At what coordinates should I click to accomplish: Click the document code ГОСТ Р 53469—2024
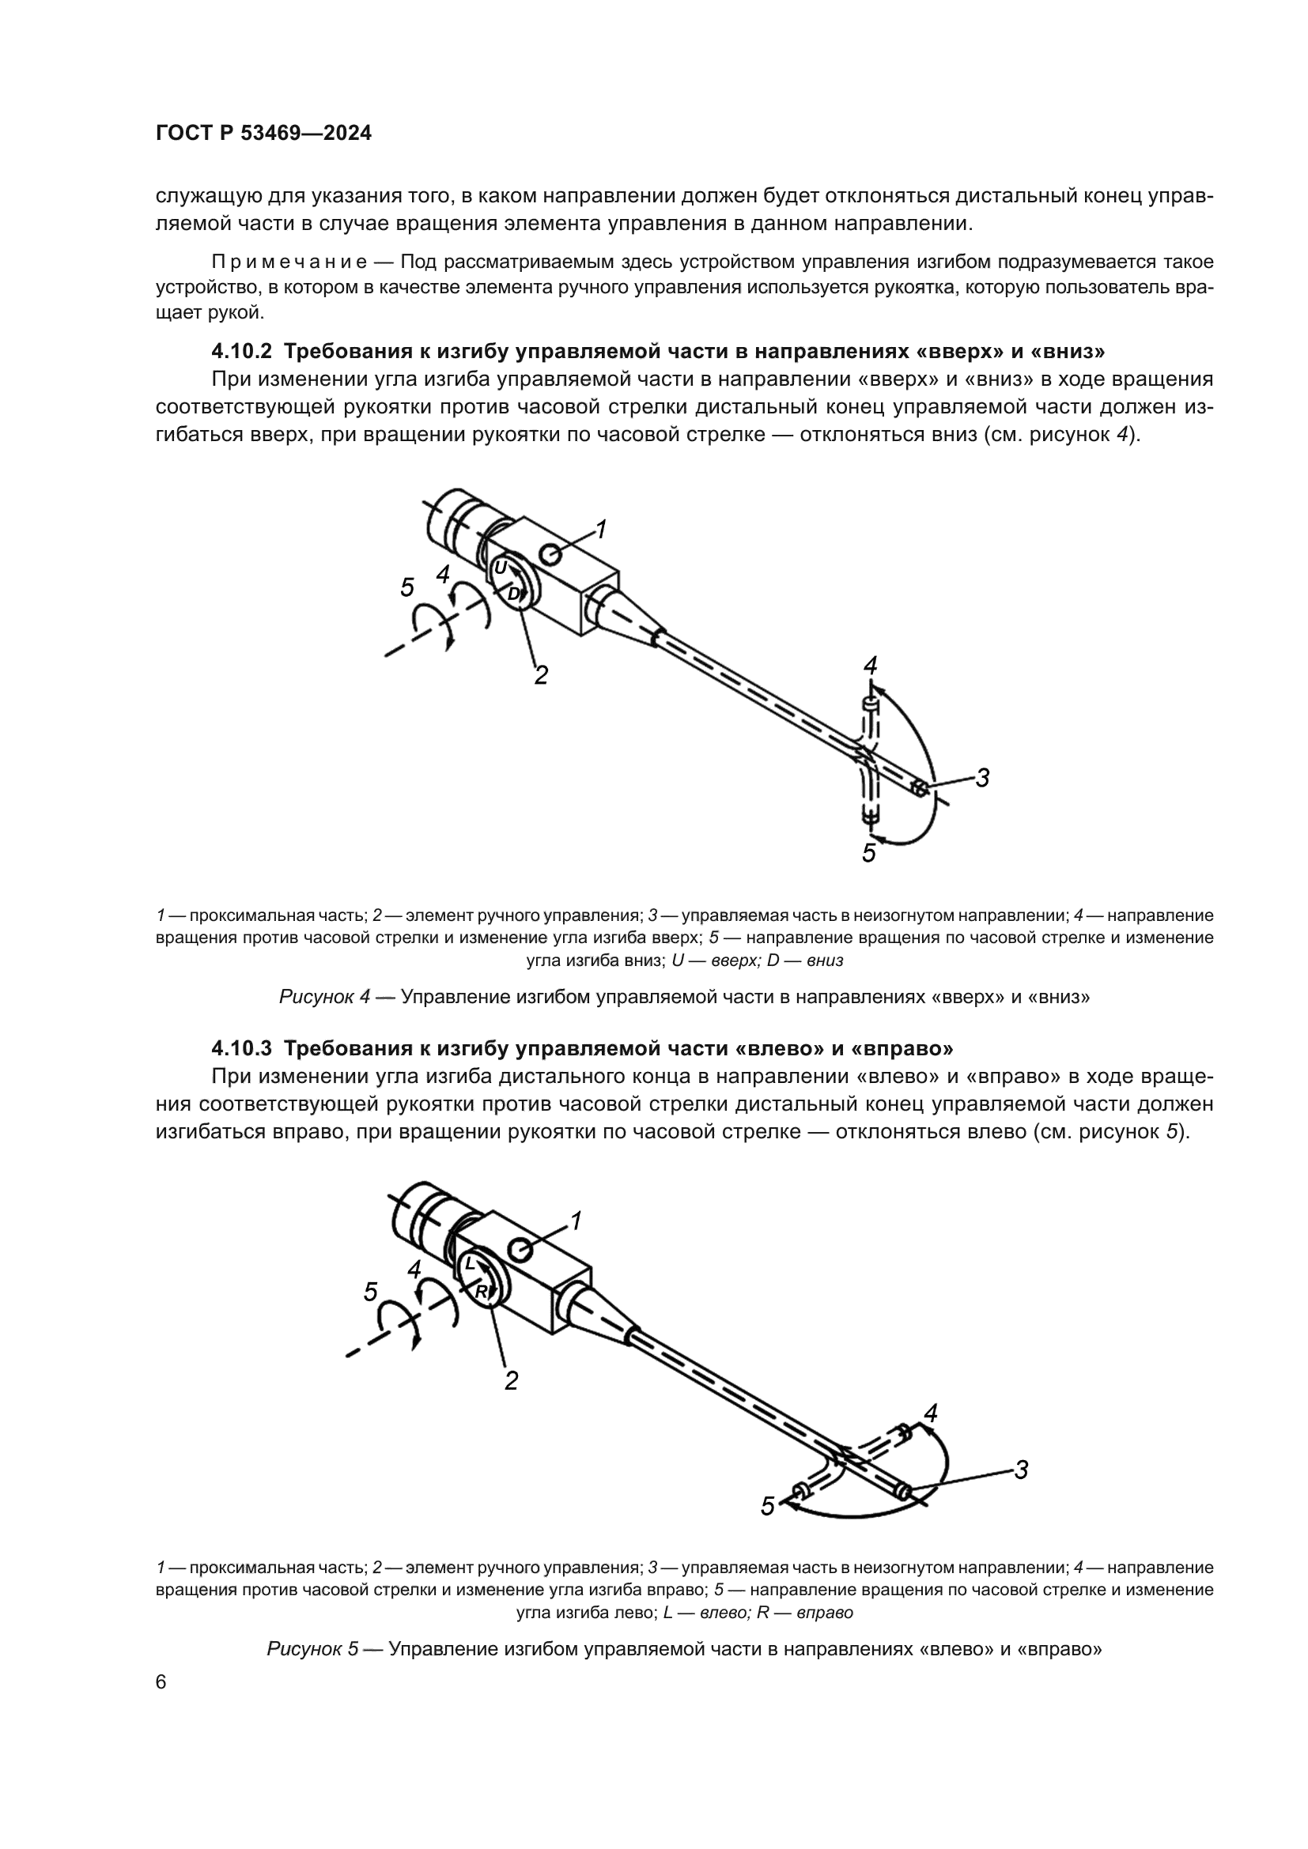coord(263,134)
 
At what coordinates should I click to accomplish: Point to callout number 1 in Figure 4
coord(601,529)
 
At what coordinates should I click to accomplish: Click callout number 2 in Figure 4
coord(541,675)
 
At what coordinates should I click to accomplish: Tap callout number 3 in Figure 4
coord(983,778)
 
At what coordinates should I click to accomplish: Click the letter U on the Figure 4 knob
coord(500,568)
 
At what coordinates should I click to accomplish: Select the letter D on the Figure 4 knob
coord(513,594)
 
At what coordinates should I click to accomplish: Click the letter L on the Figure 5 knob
coord(471,1265)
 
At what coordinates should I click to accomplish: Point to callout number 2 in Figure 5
coord(511,1381)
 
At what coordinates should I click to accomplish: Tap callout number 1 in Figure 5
coord(576,1221)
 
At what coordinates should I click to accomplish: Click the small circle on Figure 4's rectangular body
coord(553,554)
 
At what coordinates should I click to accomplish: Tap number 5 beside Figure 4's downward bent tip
coord(868,853)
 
